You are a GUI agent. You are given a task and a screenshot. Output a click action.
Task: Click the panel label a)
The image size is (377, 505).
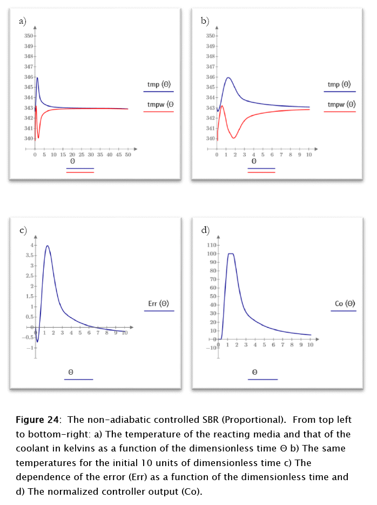click(x=22, y=22)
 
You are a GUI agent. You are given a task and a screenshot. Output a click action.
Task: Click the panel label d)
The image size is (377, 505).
click(x=205, y=231)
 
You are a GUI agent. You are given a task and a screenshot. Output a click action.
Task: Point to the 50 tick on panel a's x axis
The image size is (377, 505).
click(x=128, y=155)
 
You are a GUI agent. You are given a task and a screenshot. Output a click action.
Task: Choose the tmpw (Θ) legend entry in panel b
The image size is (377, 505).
click(x=342, y=104)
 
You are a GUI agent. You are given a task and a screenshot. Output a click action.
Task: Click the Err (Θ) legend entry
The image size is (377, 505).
click(x=159, y=304)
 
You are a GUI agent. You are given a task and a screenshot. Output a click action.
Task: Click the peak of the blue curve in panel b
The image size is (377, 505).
click(x=228, y=77)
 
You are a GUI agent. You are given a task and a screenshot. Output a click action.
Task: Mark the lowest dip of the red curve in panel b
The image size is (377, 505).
click(x=234, y=138)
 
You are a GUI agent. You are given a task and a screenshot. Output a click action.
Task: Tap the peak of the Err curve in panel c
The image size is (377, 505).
click(x=48, y=246)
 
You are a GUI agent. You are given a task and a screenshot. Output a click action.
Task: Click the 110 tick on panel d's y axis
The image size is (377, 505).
click(x=212, y=245)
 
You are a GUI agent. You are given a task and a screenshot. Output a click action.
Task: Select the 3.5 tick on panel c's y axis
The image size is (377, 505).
click(x=30, y=255)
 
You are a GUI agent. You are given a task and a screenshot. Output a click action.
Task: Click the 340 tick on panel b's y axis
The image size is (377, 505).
click(x=211, y=138)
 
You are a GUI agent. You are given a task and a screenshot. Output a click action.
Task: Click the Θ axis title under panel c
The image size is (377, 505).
click(x=71, y=372)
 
